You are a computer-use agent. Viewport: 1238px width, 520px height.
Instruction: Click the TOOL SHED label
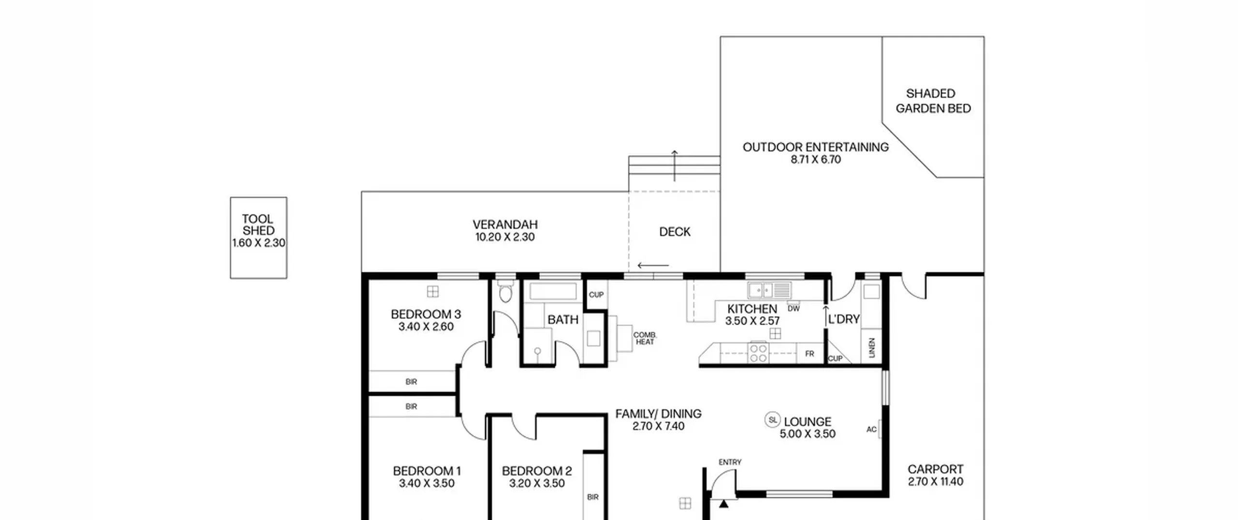pyautogui.click(x=258, y=225)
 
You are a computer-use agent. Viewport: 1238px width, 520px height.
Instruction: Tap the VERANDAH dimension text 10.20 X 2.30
pyautogui.click(x=505, y=237)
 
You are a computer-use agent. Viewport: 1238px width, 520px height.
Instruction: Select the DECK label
pyautogui.click(x=675, y=232)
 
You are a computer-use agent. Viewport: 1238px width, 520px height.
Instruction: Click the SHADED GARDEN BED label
pyautogui.click(x=933, y=101)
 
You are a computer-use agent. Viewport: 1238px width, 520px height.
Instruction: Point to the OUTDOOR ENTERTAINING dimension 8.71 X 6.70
pyautogui.click(x=816, y=160)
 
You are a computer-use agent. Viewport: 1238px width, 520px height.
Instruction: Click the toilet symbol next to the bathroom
pyautogui.click(x=505, y=291)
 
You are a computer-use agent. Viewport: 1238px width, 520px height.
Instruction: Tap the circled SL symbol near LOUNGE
pyautogui.click(x=772, y=419)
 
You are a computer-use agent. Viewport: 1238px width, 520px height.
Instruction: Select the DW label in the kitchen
pyautogui.click(x=794, y=308)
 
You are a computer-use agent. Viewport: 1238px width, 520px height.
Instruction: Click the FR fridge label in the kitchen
pyautogui.click(x=810, y=354)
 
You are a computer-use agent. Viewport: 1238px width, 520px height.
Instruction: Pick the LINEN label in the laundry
pyautogui.click(x=872, y=347)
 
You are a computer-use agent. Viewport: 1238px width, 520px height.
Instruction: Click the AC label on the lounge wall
pyautogui.click(x=871, y=430)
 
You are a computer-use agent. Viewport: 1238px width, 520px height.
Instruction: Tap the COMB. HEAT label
pyautogui.click(x=645, y=338)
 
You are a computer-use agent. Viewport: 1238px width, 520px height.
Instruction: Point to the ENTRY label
pyautogui.click(x=730, y=462)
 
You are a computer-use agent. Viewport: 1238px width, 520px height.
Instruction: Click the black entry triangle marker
pyautogui.click(x=723, y=504)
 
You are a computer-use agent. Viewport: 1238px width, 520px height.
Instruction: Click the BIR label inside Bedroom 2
pyautogui.click(x=593, y=497)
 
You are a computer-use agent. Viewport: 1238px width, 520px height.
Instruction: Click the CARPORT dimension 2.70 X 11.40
pyautogui.click(x=936, y=482)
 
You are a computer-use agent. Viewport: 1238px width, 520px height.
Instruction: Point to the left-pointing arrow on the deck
pyautogui.click(x=653, y=265)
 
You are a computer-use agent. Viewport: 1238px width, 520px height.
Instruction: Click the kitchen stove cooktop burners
pyautogui.click(x=758, y=352)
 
